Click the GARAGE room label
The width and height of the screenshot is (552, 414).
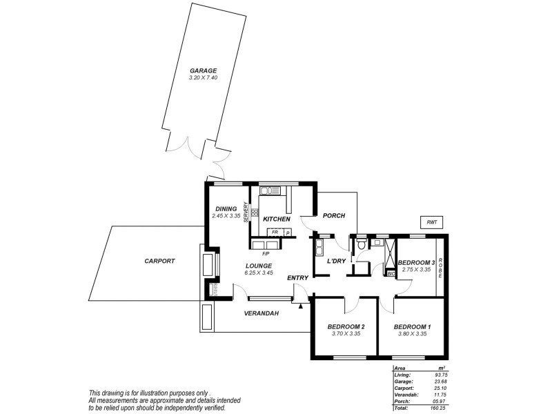(x=204, y=70)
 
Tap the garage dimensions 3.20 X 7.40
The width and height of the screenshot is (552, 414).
(x=204, y=78)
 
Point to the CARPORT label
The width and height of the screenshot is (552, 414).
(x=159, y=262)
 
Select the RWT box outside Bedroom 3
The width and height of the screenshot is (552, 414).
(x=431, y=222)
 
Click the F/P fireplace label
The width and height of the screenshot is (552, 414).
(x=266, y=254)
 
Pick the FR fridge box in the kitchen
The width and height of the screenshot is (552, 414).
(x=275, y=233)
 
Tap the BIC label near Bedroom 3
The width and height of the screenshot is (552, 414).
(x=390, y=274)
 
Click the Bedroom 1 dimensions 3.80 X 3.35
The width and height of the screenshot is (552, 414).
(x=413, y=334)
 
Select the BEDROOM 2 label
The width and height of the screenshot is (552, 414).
(x=346, y=326)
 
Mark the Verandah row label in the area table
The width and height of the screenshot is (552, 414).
(x=403, y=395)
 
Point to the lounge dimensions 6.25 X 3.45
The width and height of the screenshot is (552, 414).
(x=258, y=273)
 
